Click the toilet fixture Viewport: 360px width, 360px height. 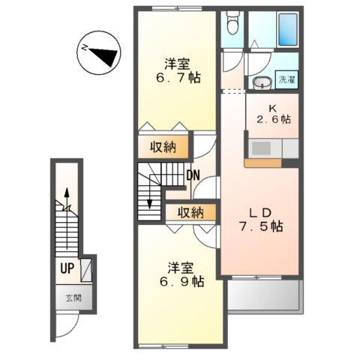(232, 22)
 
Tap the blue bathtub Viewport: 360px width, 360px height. (288, 29)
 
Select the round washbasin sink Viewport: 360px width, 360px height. (262, 82)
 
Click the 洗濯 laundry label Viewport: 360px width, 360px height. (287, 79)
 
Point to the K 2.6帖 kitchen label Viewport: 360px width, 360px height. (273, 114)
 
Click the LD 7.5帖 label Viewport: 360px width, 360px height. (260, 220)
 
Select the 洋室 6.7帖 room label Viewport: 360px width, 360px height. (178, 71)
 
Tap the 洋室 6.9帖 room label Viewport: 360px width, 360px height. (181, 275)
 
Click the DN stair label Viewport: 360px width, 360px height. (193, 175)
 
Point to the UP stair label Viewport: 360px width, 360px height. (67, 268)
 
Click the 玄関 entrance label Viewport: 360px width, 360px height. (73, 298)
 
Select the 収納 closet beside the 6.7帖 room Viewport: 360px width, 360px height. (163, 148)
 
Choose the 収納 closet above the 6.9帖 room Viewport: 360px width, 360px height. (190, 213)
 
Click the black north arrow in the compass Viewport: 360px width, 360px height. (104, 56)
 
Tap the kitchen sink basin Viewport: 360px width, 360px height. (261, 148)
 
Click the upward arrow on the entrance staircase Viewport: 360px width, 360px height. (67, 218)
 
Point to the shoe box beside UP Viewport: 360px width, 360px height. (86, 270)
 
